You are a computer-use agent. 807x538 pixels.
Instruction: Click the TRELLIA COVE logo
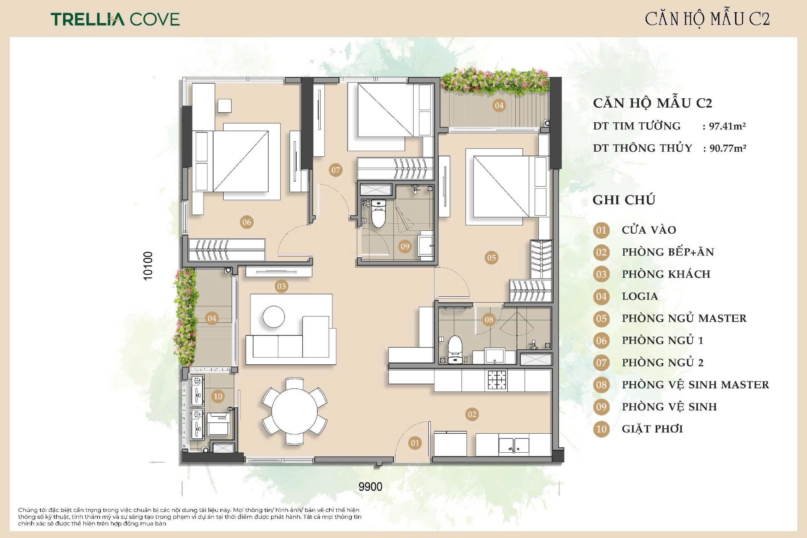(115, 19)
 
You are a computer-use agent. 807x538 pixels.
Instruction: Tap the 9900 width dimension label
(370, 487)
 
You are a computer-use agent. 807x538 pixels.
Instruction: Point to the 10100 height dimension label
(148, 266)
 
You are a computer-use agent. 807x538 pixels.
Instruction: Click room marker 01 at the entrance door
(415, 443)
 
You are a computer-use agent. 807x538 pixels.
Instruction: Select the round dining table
(294, 411)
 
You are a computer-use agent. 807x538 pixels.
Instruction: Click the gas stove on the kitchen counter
(497, 380)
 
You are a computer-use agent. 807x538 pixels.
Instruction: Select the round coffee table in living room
(274, 316)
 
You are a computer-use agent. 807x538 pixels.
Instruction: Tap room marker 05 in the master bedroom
(491, 257)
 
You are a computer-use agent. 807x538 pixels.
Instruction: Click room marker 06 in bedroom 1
(247, 222)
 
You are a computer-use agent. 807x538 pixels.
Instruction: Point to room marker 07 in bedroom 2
(335, 170)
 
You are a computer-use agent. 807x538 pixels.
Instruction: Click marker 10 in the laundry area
(218, 396)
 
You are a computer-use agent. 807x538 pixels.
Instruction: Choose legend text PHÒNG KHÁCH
(666, 274)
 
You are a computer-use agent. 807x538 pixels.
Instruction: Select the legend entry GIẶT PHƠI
(652, 429)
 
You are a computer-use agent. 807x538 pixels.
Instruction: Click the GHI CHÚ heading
(624, 200)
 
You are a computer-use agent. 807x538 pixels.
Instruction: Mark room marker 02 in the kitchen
(472, 414)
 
